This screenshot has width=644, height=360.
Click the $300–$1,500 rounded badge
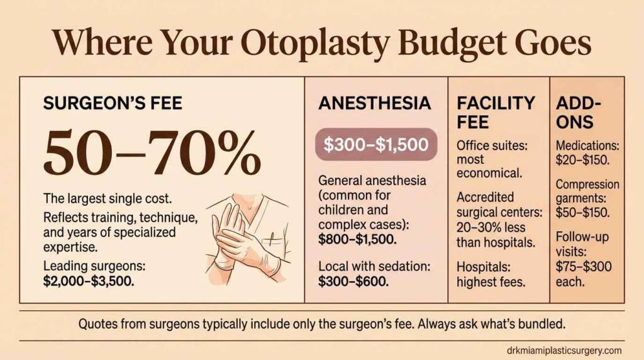375,145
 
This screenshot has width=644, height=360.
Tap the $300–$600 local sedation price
353,281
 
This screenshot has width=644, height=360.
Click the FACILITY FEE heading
496,111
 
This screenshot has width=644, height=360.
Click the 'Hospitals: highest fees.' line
491,274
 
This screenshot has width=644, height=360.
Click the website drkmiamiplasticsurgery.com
563,350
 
